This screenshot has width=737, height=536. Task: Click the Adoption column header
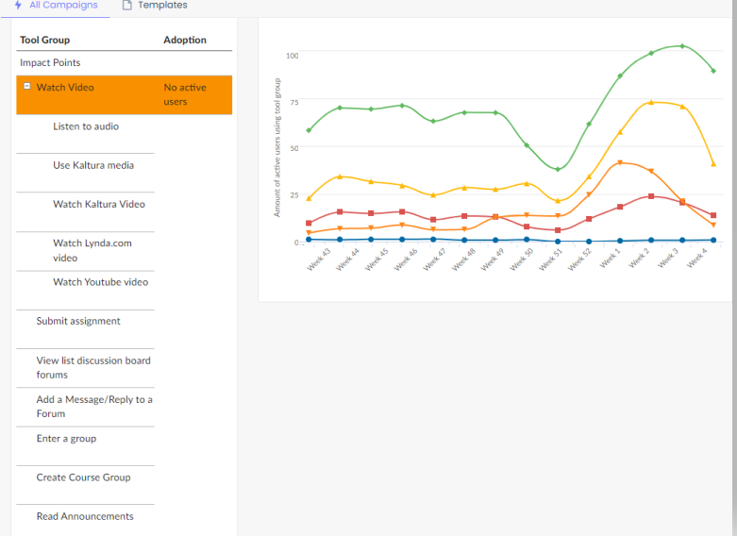(x=185, y=40)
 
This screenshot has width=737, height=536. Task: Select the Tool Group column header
(x=45, y=40)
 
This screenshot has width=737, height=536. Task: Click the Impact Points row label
(x=50, y=63)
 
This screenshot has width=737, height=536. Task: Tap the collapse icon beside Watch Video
(x=26, y=87)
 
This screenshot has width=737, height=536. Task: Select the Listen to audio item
(x=86, y=126)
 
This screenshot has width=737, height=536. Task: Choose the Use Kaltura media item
(x=93, y=165)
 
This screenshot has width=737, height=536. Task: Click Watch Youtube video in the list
(x=100, y=282)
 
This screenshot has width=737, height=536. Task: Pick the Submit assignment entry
(x=78, y=321)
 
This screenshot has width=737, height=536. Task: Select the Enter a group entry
(x=66, y=439)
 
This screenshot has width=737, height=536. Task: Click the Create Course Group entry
(x=83, y=477)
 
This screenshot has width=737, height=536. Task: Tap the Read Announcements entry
(x=85, y=516)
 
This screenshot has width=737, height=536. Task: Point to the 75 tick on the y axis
(x=293, y=102)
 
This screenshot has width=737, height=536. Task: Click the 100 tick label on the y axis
(x=292, y=56)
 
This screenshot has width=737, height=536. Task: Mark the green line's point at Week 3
(x=682, y=45)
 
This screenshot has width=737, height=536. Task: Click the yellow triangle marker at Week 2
(x=651, y=102)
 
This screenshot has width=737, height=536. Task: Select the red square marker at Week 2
(x=651, y=196)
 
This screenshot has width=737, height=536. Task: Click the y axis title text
(x=277, y=148)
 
